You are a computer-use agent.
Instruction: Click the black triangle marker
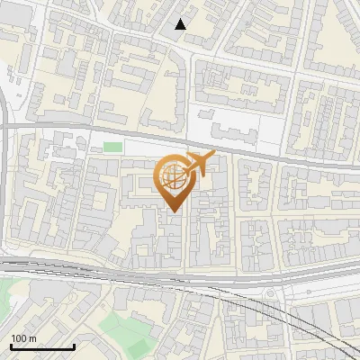[x=181, y=24]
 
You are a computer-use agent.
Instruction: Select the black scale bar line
[x=41, y=346]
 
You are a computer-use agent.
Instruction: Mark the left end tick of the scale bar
[x=10, y=346]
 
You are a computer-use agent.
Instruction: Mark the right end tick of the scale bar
[x=74, y=346]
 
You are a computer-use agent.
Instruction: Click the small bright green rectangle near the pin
[x=112, y=147]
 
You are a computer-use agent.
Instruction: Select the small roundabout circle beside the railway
[x=269, y=292]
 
